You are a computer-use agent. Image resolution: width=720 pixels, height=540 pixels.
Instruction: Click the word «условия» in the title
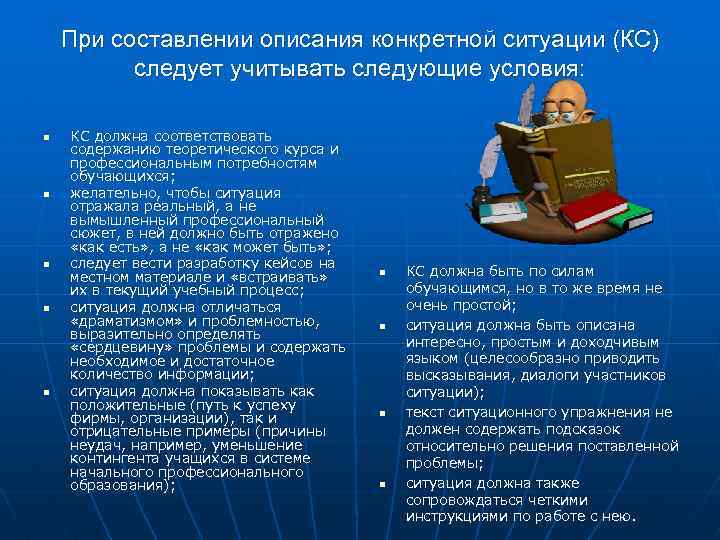(531, 69)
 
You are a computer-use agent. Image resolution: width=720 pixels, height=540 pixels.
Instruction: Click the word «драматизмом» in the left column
(118, 321)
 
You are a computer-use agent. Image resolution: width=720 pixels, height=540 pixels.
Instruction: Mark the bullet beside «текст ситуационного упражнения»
(383, 413)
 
